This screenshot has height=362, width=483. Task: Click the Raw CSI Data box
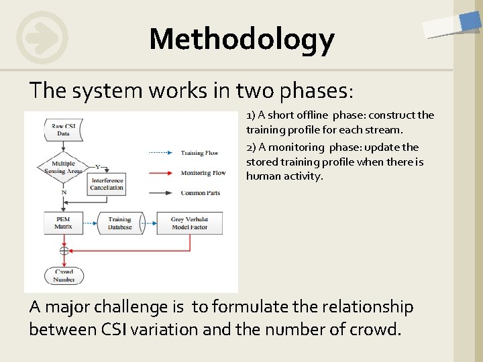pos(63,129)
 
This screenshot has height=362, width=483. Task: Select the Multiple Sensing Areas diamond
pos(63,167)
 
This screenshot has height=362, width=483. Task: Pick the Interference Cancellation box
pos(107,184)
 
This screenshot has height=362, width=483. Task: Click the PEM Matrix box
pos(63,223)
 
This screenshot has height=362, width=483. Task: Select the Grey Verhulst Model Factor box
pos(189,223)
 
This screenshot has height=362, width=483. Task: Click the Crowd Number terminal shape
pos(64,276)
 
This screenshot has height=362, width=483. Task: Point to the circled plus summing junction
pos(64,251)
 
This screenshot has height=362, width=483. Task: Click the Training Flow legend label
pos(199,153)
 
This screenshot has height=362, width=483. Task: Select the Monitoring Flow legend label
pos(203,173)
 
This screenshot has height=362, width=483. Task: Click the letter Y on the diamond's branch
pos(97,166)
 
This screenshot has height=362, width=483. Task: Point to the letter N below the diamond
pos(64,192)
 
